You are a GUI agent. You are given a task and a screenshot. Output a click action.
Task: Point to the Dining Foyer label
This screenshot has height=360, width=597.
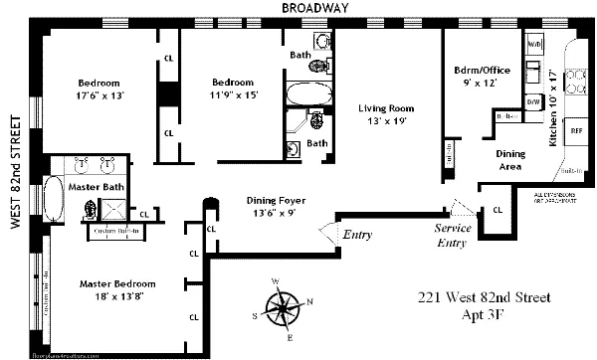click(276, 205)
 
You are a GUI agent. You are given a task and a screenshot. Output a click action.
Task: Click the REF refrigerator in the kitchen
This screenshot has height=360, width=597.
click(575, 129)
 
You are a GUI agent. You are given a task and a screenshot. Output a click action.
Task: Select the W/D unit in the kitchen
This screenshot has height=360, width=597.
click(534, 45)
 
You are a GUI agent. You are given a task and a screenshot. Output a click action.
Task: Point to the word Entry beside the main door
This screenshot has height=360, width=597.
click(356, 235)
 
